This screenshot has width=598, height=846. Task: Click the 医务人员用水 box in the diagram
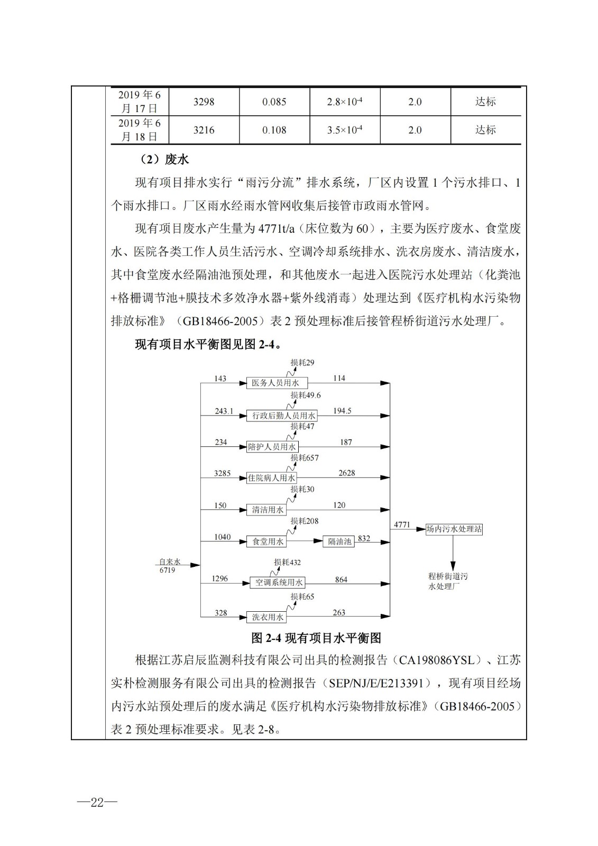point(277,383)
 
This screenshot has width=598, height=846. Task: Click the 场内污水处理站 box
point(454,529)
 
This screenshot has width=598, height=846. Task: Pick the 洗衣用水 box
point(268,617)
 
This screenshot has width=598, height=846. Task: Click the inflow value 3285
point(222,473)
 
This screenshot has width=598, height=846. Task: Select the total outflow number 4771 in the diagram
point(402,525)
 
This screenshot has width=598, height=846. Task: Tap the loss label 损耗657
point(305,458)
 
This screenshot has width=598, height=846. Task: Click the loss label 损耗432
point(287,563)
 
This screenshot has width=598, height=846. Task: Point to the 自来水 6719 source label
point(170,566)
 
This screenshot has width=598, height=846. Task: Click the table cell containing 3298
point(204,102)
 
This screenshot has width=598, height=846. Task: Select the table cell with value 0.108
point(274,130)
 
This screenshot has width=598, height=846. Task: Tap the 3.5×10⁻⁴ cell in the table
point(344,130)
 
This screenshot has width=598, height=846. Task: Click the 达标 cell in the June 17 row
point(485,102)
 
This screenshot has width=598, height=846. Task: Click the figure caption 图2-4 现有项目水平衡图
point(316,638)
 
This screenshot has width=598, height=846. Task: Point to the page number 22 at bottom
point(97,802)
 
